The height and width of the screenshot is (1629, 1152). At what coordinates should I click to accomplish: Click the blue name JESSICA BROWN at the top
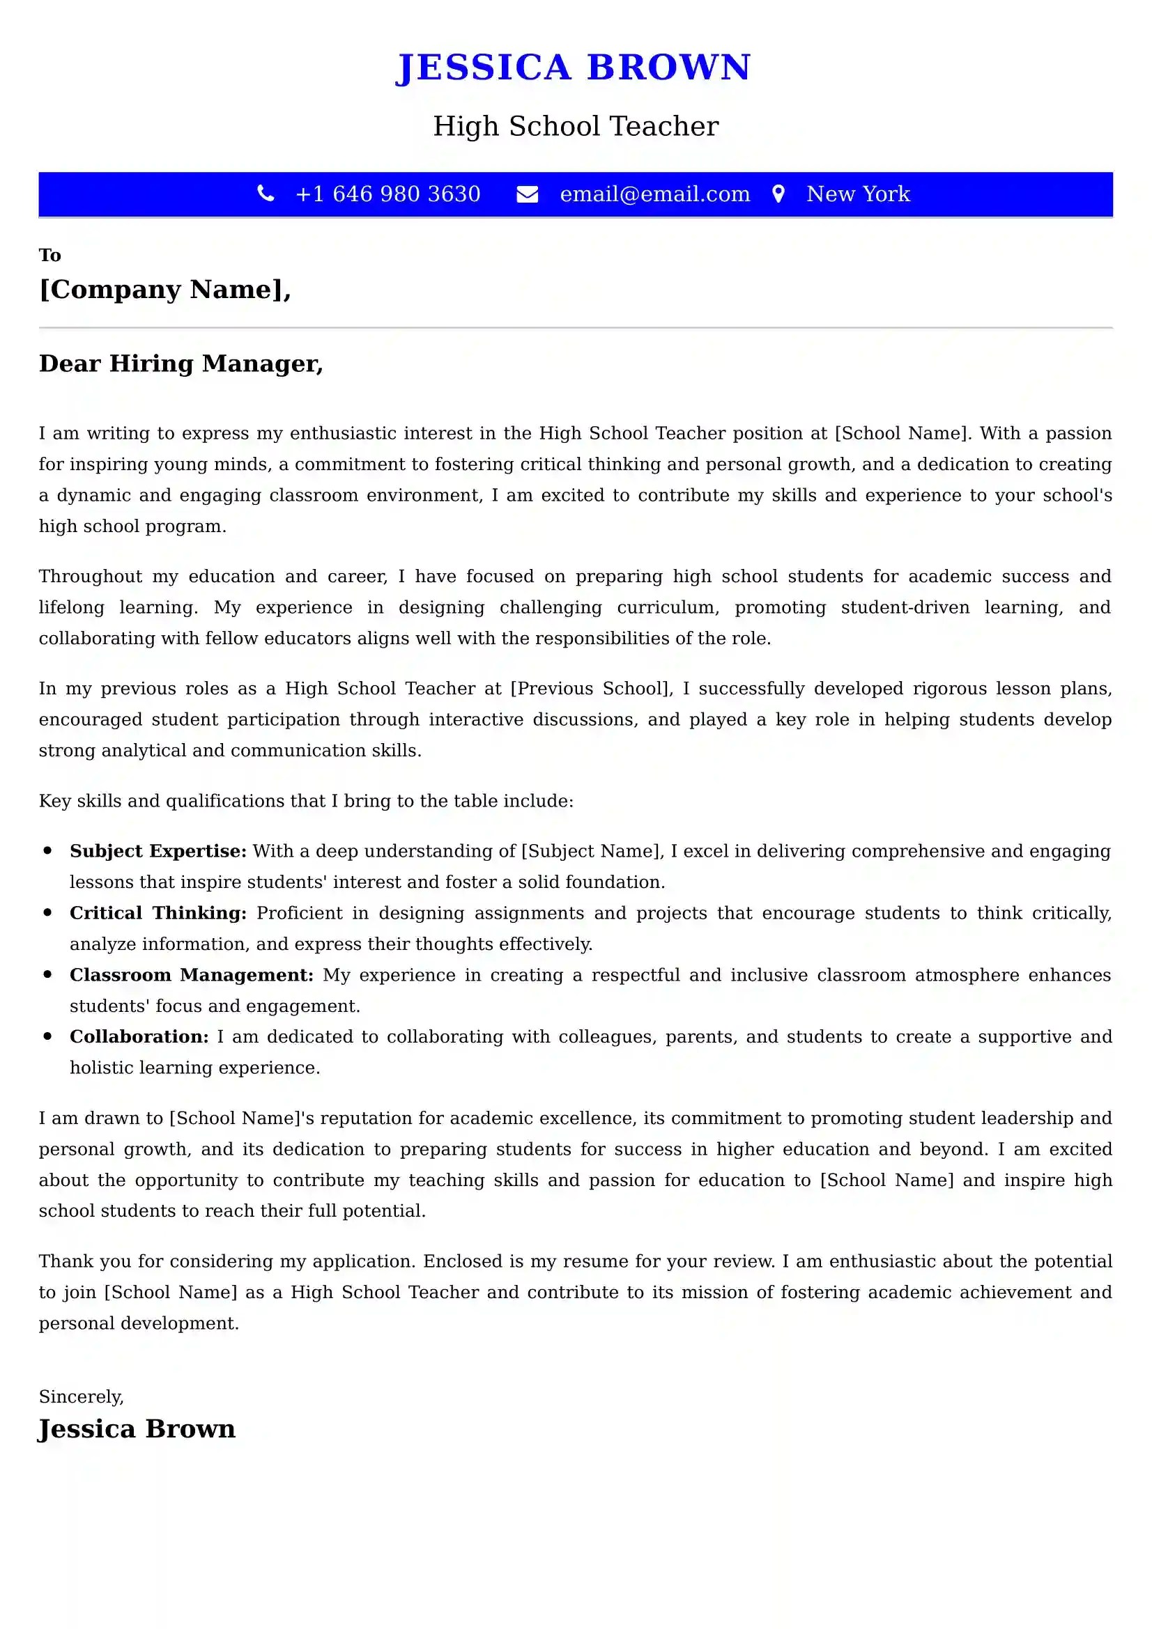point(573,68)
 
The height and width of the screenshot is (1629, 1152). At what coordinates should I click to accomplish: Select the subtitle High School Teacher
point(576,126)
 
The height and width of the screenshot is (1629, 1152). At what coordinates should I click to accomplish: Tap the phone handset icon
point(266,193)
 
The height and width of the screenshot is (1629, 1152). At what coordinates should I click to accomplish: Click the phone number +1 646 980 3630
point(387,194)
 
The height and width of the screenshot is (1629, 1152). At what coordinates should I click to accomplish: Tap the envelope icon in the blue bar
point(527,194)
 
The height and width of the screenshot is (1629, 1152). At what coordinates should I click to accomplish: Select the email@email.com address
point(654,194)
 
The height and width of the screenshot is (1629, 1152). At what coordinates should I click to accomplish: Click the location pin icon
point(778,194)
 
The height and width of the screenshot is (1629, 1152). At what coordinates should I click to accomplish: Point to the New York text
point(857,194)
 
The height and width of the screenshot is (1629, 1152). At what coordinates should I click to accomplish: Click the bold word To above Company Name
point(49,255)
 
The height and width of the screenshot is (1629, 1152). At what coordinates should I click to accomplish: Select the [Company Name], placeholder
point(164,290)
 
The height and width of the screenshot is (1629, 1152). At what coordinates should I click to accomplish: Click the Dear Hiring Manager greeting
point(181,364)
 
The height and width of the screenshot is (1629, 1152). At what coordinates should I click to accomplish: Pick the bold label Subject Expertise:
point(158,850)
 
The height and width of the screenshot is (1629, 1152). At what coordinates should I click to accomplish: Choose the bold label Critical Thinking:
point(158,912)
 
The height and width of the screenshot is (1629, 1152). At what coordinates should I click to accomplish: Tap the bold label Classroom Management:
point(191,975)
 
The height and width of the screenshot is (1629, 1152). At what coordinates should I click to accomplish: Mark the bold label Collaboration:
point(139,1036)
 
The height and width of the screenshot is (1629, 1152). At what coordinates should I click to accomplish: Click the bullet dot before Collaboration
point(47,1036)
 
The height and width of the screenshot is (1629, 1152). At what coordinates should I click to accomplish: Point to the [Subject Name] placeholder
point(591,850)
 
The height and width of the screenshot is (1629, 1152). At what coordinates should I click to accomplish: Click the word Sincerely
point(81,1396)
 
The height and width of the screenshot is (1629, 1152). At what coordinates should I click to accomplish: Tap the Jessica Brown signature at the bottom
point(137,1428)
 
